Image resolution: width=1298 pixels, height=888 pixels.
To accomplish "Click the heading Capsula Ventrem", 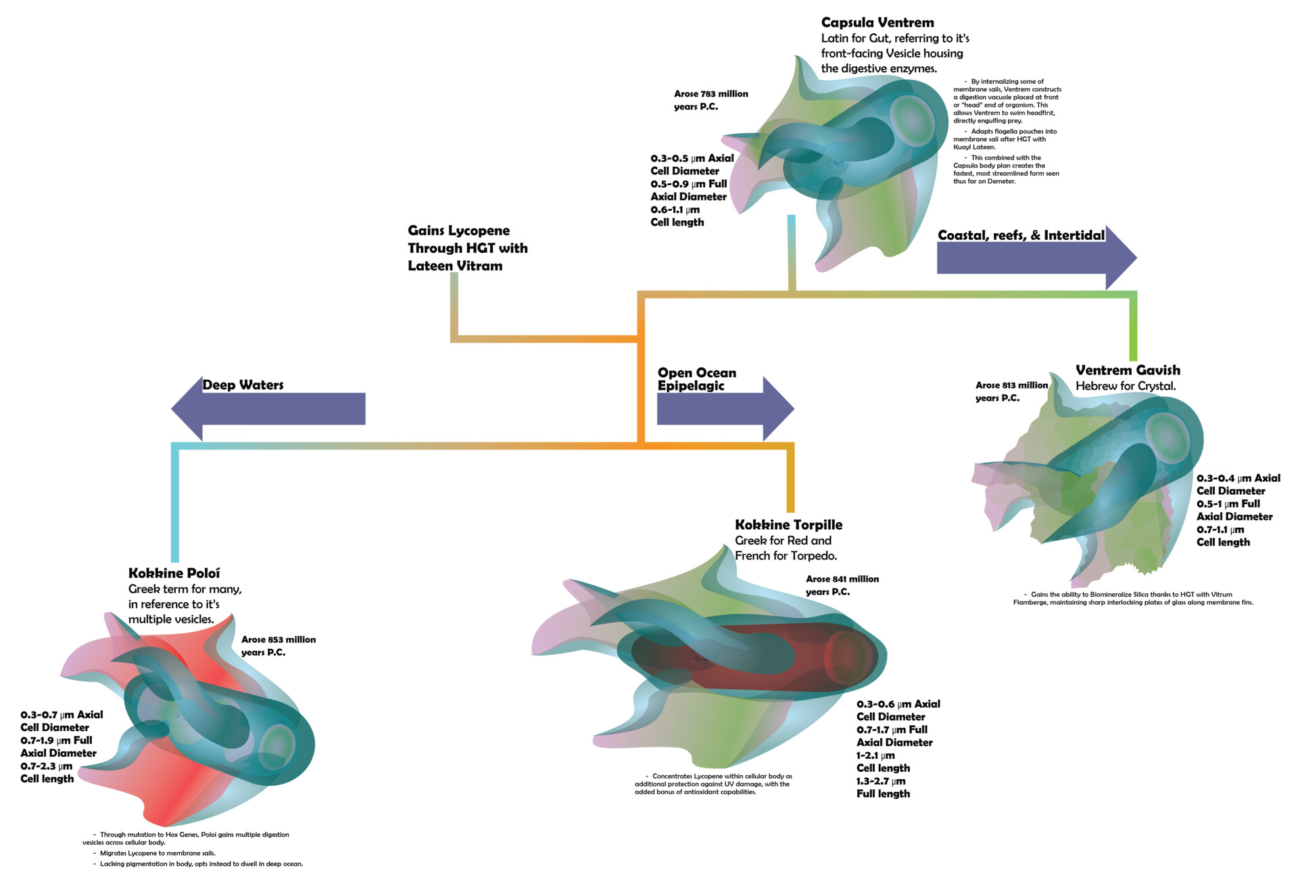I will click(x=877, y=23).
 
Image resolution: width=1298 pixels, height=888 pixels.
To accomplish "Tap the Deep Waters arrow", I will click(x=270, y=409).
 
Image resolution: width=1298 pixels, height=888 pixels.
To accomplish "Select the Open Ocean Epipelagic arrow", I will click(x=723, y=409).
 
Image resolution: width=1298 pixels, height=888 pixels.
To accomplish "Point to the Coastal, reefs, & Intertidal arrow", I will click(x=1034, y=257).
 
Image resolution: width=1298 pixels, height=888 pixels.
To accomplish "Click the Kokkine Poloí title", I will click(x=174, y=573).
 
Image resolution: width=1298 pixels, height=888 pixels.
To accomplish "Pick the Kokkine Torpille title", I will click(x=788, y=525).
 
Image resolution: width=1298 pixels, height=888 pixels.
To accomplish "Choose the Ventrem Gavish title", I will click(x=1128, y=370).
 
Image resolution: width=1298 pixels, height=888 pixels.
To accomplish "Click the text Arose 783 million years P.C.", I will click(x=711, y=100).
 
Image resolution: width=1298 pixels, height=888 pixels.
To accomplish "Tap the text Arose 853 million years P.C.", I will click(x=278, y=645).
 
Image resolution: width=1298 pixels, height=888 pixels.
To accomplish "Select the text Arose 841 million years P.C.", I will click(x=842, y=585).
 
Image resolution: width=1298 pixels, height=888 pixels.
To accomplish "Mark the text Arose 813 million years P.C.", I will click(x=1011, y=391).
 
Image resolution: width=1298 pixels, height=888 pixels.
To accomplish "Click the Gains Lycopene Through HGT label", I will click(x=467, y=248).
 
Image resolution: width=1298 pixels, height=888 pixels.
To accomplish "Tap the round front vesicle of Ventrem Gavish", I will click(x=1167, y=436).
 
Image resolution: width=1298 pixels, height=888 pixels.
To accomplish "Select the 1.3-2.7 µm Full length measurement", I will click(x=883, y=787).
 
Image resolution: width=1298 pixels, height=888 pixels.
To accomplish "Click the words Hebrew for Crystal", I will click(x=1126, y=386).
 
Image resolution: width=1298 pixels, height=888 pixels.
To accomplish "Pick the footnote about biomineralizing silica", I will click(x=1132, y=599).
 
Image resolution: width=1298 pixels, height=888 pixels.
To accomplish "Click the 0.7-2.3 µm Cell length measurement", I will click(x=47, y=772).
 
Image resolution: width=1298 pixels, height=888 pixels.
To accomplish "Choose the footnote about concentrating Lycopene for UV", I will click(x=713, y=784).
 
